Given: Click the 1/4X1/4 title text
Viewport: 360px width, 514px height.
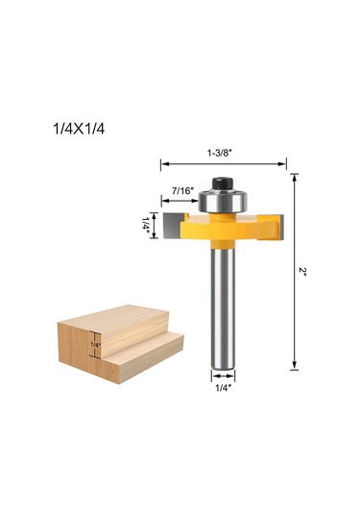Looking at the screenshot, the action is pyautogui.click(x=79, y=129).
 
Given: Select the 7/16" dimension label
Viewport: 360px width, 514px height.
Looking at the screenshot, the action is pyautogui.click(x=182, y=191).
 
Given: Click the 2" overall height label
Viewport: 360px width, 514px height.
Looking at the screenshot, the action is pyautogui.click(x=302, y=272).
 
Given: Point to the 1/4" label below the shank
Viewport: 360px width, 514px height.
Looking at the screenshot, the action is pyautogui.click(x=223, y=388).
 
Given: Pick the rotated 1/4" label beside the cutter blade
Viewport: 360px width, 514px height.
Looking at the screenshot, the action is pyautogui.click(x=145, y=225).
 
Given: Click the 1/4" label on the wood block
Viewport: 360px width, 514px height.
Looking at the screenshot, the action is pyautogui.click(x=96, y=345).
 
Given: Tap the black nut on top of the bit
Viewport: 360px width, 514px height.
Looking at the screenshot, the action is pyautogui.click(x=223, y=184).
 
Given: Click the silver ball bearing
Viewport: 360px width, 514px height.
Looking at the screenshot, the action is pyautogui.click(x=223, y=201).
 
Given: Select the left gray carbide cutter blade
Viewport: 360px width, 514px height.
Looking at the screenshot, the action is pyautogui.click(x=174, y=225).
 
